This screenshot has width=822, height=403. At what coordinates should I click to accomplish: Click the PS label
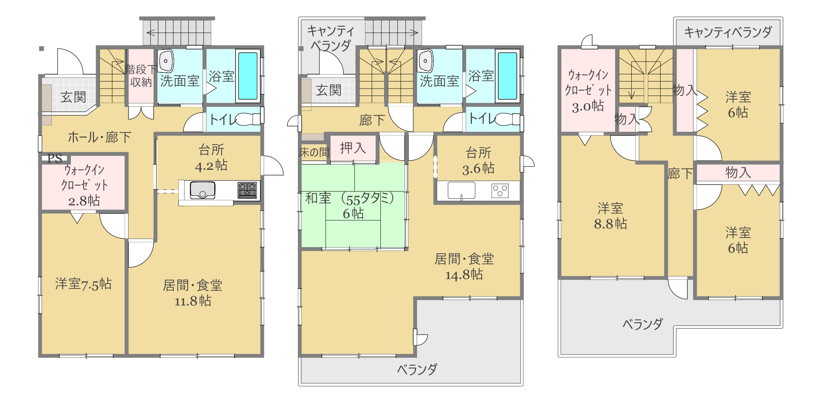click(55, 158)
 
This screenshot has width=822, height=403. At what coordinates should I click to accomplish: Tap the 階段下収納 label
click(141, 76)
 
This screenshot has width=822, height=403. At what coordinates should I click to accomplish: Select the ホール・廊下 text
click(99, 137)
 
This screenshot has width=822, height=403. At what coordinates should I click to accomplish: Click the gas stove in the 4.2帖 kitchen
click(247, 190)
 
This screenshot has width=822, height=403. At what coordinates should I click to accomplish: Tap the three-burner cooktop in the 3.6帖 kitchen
click(500, 191)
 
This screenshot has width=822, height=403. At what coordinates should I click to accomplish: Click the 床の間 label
click(314, 152)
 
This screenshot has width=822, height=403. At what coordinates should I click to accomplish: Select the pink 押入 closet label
click(353, 148)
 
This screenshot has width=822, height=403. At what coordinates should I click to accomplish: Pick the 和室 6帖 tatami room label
click(350, 205)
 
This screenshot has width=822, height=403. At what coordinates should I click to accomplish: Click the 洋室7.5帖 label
click(83, 284)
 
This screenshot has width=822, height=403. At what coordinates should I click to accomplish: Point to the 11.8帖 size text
click(193, 301)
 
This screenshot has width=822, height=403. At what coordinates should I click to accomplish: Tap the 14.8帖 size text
click(464, 275)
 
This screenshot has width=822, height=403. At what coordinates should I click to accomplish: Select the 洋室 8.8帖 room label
click(610, 216)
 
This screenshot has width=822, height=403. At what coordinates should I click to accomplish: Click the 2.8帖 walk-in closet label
click(84, 201)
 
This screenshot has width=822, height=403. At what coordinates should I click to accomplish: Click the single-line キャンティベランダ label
click(728, 32)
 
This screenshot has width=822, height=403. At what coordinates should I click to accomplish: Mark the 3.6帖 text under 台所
click(479, 168)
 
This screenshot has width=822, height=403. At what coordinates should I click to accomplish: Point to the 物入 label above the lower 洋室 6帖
click(738, 172)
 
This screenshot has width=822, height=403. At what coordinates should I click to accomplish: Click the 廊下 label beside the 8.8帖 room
click(680, 174)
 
